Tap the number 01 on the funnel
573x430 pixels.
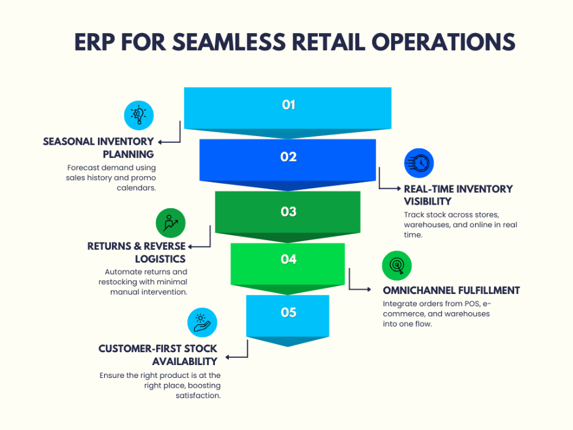(x=289, y=105)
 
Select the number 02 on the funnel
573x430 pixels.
(x=288, y=157)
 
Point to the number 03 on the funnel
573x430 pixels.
(x=288, y=212)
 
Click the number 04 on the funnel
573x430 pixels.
(x=288, y=260)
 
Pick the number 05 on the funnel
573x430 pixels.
(x=288, y=312)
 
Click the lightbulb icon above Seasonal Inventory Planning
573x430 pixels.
(x=139, y=115)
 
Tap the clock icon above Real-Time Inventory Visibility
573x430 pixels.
(x=419, y=164)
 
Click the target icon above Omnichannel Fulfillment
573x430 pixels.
(x=397, y=265)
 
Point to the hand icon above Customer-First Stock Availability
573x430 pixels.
(x=201, y=322)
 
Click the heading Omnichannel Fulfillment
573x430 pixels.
(x=451, y=290)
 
